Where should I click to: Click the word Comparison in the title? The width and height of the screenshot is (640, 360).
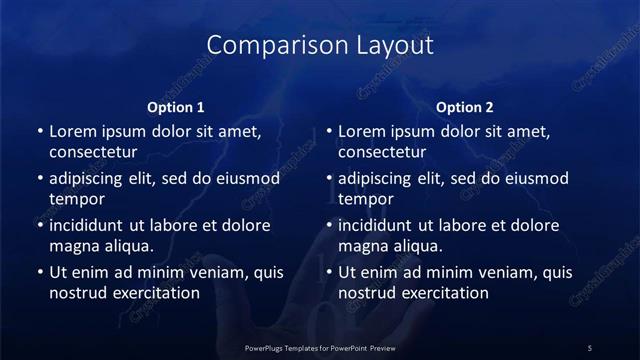click(263, 45)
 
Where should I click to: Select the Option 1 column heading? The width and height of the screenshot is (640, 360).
click(175, 107)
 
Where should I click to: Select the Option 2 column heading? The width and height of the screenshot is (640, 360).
click(465, 107)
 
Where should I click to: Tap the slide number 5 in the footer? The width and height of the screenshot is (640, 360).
click(590, 347)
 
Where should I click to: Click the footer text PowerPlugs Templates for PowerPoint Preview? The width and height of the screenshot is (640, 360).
click(320, 347)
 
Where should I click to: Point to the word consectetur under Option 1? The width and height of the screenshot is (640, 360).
click(92, 153)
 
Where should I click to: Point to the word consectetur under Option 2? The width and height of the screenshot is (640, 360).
click(382, 153)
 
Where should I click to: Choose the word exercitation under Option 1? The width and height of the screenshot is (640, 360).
click(156, 293)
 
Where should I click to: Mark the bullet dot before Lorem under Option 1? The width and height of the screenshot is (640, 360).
click(39, 132)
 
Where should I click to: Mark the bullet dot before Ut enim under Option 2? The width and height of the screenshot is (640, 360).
click(329, 271)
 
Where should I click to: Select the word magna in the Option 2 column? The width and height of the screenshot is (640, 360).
click(361, 246)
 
